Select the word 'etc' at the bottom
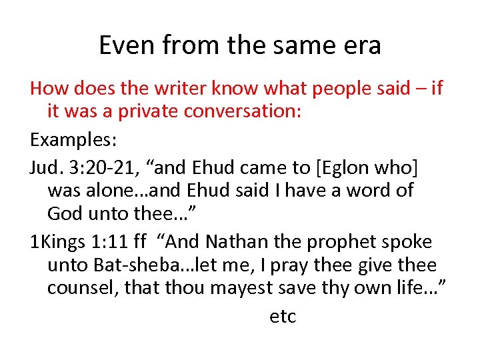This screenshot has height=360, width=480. click(282, 317)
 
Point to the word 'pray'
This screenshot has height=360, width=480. click(304, 265)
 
